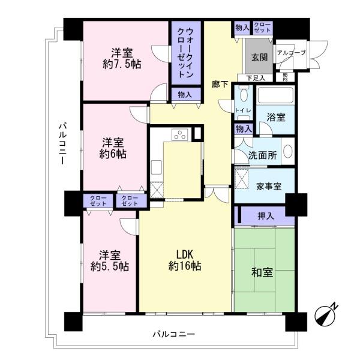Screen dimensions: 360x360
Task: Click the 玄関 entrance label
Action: pyautogui.click(x=259, y=58)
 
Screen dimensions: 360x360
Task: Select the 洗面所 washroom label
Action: pyautogui.click(x=263, y=155)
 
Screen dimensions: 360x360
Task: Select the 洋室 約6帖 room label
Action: pyautogui.click(x=113, y=148)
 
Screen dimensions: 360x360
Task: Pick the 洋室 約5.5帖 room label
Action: pyautogui.click(x=109, y=259)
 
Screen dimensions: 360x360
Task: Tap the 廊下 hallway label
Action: pyautogui.click(x=220, y=84)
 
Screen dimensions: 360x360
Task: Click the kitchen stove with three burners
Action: pyautogui.click(x=180, y=134)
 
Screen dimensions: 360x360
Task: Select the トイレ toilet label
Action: pyautogui.click(x=243, y=110)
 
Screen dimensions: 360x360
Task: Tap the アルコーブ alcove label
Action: pyautogui.click(x=292, y=53)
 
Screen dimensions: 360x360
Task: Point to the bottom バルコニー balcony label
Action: pyautogui.click(x=173, y=334)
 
